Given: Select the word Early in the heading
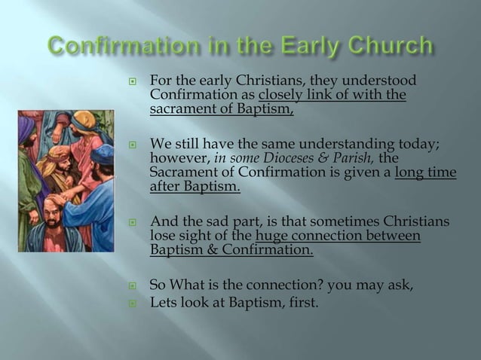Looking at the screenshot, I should [x=303, y=47].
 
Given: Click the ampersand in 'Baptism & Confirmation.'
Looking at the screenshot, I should [x=209, y=251].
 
